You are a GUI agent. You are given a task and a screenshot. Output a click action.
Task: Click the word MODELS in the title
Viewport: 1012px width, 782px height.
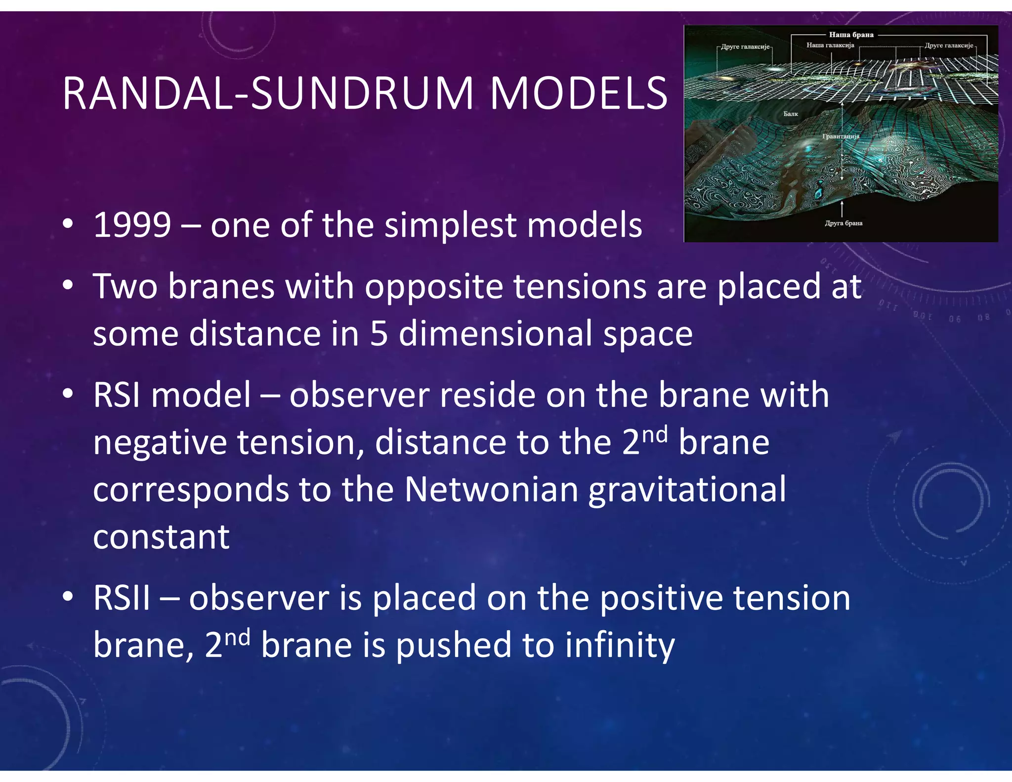pos(578,94)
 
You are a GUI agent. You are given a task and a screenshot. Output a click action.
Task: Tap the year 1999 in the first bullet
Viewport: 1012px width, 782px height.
pos(132,225)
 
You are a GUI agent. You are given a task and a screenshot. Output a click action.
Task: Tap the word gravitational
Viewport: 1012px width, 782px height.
pos(687,489)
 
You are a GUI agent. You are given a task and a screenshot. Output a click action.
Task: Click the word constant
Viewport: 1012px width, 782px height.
pos(161,537)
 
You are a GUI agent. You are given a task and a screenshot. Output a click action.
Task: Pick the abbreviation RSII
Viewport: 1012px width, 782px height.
pos(122,598)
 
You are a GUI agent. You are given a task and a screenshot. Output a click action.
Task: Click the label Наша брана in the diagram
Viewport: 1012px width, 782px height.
pos(851,35)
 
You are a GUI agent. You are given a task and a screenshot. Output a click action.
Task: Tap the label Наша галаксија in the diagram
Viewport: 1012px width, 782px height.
pos(830,45)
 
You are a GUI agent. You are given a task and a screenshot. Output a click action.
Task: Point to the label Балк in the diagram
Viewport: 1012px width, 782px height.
pos(791,114)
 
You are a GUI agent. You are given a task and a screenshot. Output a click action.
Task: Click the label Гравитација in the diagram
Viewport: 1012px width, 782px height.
pos(841,136)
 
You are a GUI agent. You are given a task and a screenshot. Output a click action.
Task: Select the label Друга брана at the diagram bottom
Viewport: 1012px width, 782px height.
pos(843,223)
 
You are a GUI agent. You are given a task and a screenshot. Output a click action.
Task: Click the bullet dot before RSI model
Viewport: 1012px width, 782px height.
pos(68,394)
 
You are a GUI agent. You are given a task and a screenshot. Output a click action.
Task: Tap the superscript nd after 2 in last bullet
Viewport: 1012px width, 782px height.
pos(237,637)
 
